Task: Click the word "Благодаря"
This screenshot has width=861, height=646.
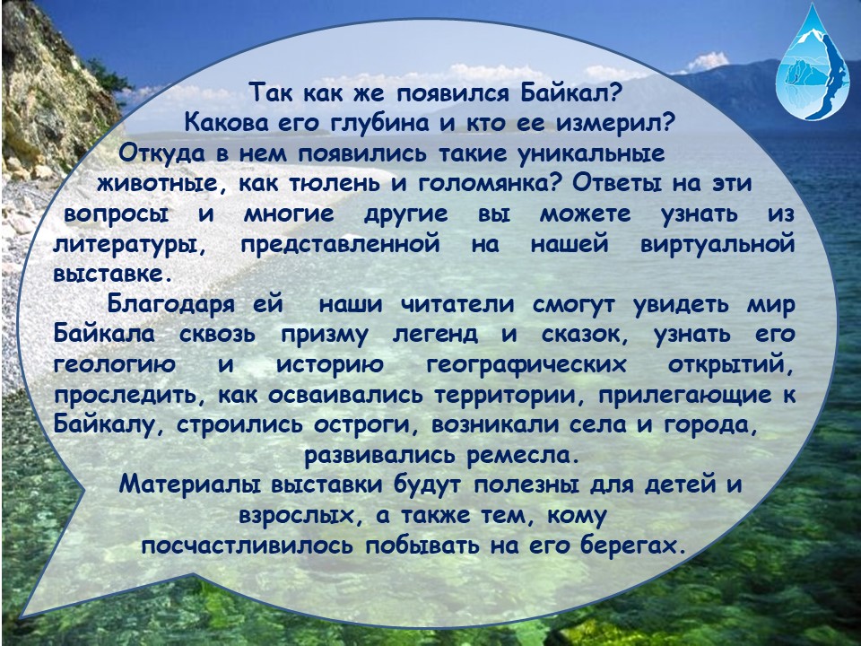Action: click(170, 305)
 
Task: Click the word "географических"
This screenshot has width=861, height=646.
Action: click(526, 366)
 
